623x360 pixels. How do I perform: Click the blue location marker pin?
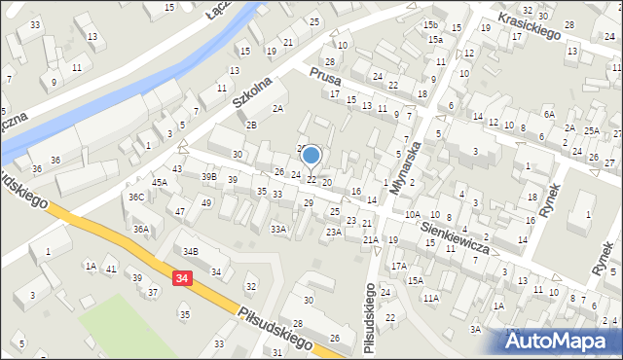(x=311, y=156)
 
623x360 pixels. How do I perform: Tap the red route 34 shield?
(x=182, y=278)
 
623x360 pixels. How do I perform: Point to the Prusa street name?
(x=322, y=77)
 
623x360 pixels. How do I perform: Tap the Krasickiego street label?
(x=531, y=26)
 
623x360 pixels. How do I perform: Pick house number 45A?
(x=159, y=182)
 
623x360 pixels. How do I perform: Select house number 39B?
(x=208, y=176)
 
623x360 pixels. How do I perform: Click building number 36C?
(x=136, y=198)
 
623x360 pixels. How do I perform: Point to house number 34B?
(x=191, y=252)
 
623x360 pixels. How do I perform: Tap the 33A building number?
(x=278, y=229)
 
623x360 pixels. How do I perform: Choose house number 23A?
(x=333, y=232)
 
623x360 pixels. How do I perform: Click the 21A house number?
(x=370, y=239)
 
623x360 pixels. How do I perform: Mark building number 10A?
(x=413, y=214)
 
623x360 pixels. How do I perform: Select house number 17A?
(x=398, y=266)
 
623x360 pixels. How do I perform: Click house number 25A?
(x=592, y=130)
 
